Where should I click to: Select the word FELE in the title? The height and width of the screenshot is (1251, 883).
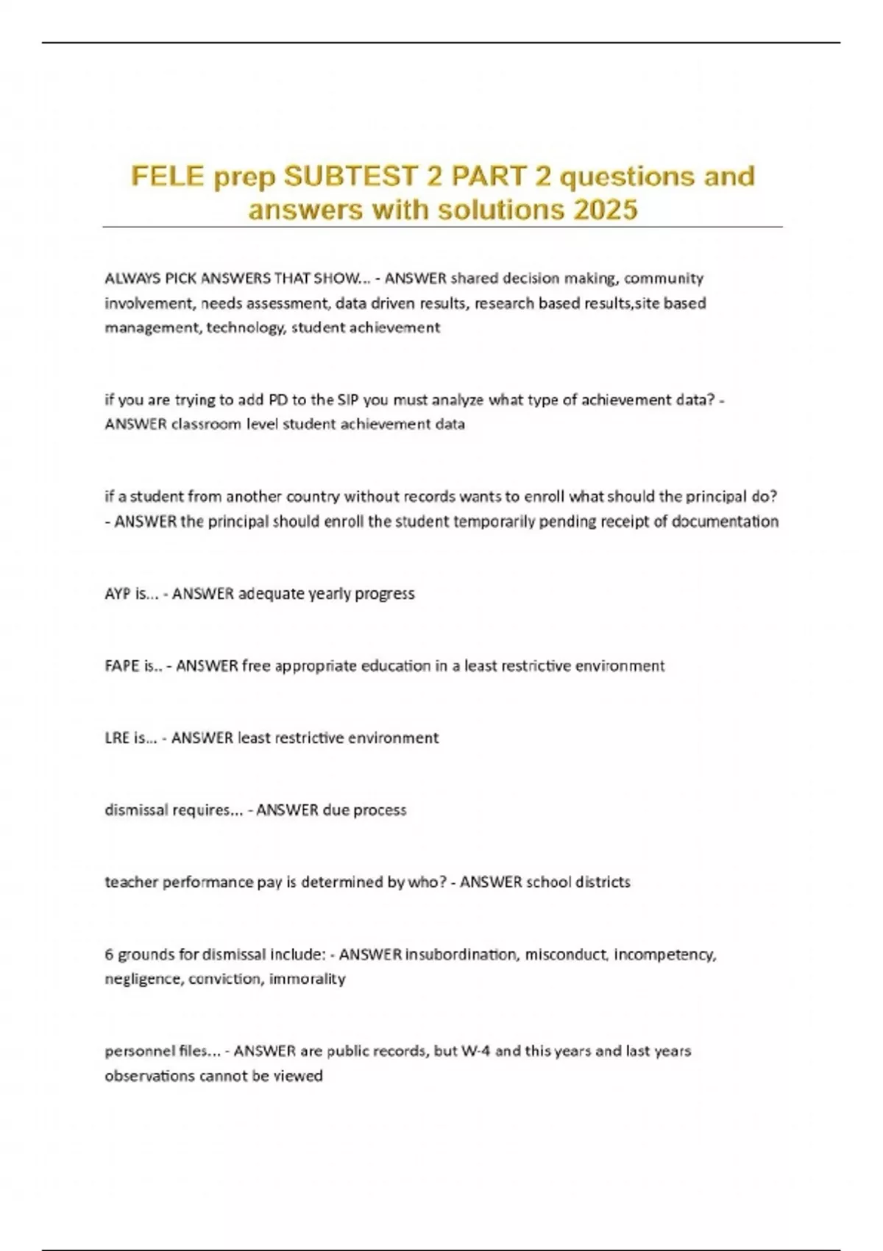click(167, 177)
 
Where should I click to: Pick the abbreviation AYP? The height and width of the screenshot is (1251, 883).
click(118, 594)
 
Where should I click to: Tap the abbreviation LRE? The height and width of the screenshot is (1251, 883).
click(117, 738)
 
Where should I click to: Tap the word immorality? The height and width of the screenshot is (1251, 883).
click(307, 979)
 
